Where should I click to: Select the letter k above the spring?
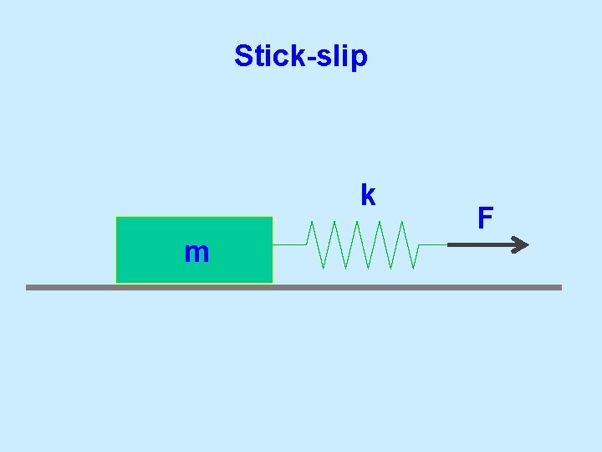(367, 194)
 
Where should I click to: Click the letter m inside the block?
(196, 252)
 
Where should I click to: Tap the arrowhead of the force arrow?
(521, 244)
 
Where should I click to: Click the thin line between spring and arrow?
(433, 244)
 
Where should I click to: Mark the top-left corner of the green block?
(116, 218)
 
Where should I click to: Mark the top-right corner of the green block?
(273, 218)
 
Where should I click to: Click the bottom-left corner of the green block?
(116, 282)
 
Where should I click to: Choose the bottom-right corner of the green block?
(273, 282)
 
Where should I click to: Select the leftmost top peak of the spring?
(311, 222)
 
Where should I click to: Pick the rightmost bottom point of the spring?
(414, 269)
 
